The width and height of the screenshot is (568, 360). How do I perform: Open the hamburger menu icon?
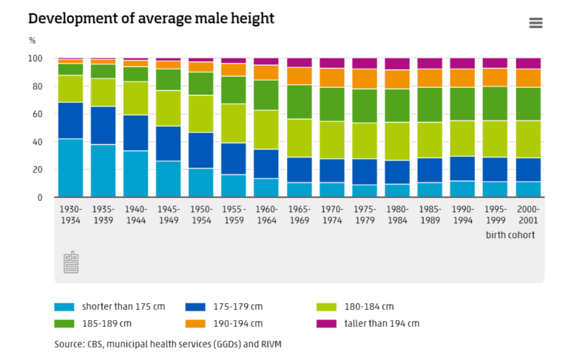point(536,23)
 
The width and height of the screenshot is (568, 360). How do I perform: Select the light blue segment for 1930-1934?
point(70,168)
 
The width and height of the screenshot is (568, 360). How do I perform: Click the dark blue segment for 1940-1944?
point(136,133)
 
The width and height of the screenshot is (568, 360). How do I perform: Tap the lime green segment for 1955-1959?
point(234,123)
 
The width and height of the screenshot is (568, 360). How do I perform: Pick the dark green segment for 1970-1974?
point(332,104)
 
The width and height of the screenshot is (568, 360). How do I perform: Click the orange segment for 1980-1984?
point(397,79)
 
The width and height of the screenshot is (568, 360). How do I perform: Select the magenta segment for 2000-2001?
point(528,64)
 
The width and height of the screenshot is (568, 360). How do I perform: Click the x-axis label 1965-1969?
point(300,214)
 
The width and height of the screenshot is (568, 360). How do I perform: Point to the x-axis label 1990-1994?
point(463,214)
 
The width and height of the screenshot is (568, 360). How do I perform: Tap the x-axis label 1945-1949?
point(169,214)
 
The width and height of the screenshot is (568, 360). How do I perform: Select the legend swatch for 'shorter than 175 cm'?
point(64,307)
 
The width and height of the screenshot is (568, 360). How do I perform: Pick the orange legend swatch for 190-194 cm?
point(195,324)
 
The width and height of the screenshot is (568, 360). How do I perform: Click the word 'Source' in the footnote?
point(68,344)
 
